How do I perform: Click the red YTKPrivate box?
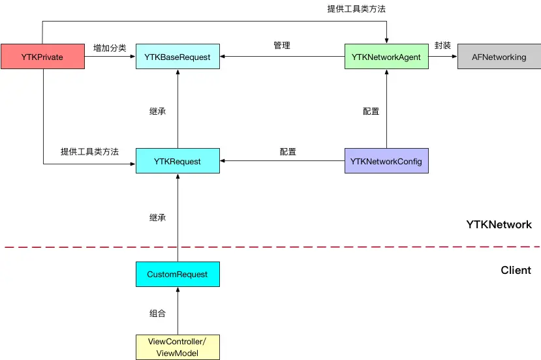click(43, 57)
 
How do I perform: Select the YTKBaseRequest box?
click(178, 57)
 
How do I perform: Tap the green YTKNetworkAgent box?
click(386, 57)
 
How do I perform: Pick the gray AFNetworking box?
click(499, 57)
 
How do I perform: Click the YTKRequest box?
click(178, 161)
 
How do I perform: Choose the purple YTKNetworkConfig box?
click(386, 161)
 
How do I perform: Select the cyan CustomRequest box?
click(178, 275)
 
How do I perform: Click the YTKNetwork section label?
click(499, 224)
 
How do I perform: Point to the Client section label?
click(516, 270)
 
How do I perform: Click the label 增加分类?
click(110, 48)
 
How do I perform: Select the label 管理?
click(282, 46)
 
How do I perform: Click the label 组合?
click(157, 313)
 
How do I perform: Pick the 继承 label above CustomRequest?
click(157, 217)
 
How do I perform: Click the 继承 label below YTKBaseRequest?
click(157, 112)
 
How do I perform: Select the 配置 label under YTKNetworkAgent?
click(371, 112)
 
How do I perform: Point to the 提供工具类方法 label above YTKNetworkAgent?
click(356, 9)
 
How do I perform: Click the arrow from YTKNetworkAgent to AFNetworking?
click(442, 57)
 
